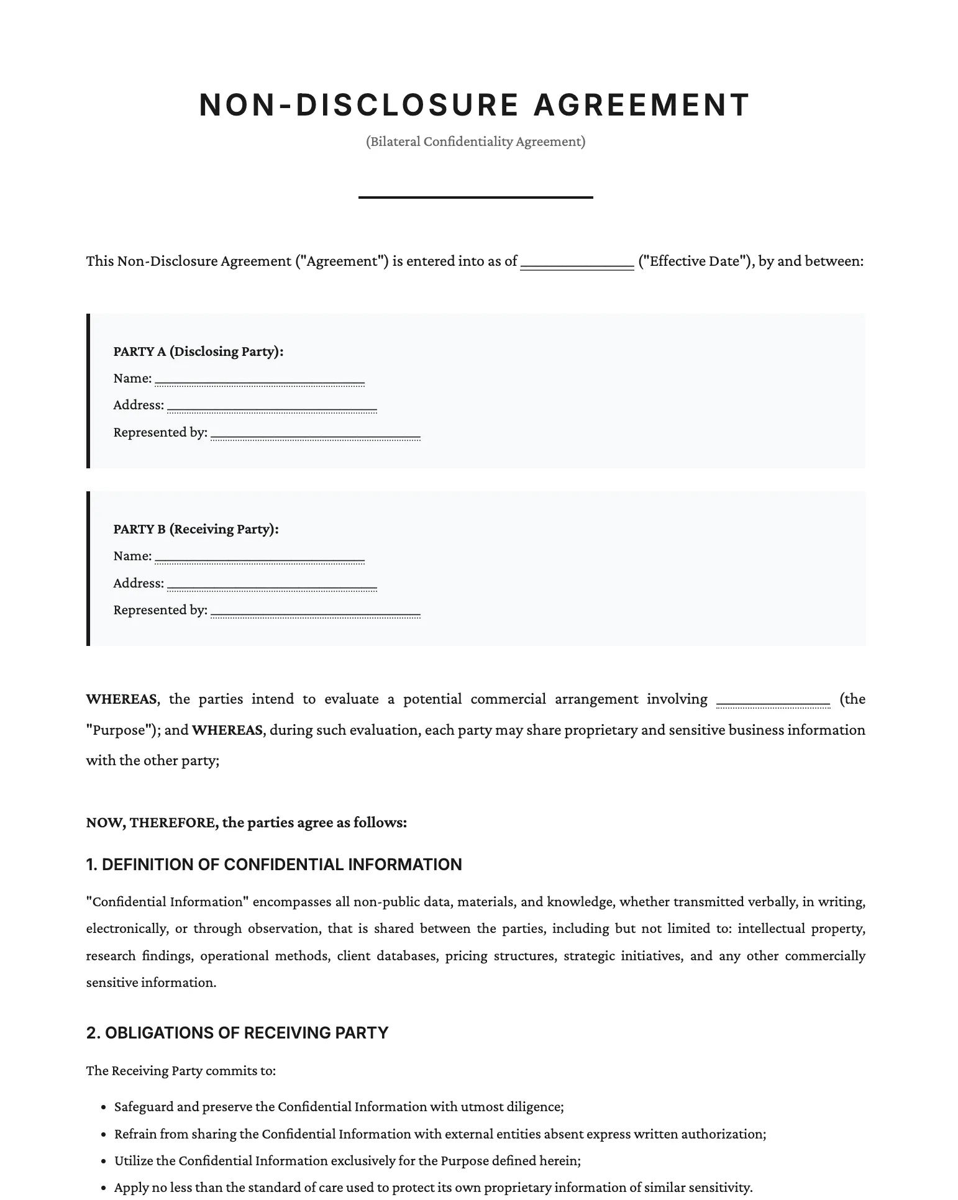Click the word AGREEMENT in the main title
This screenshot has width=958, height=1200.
(x=642, y=105)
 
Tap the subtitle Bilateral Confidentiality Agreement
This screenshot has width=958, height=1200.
(x=475, y=142)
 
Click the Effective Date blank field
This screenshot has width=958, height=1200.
(x=577, y=263)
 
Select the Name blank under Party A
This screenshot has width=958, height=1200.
(x=259, y=380)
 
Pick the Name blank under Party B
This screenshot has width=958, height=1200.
(x=259, y=557)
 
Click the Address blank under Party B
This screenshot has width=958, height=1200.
(x=271, y=584)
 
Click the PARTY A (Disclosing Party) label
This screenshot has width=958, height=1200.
(x=198, y=352)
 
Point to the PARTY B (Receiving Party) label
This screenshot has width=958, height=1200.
(x=196, y=529)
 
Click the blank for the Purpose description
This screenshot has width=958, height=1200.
(x=773, y=701)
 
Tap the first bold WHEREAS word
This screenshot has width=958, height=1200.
(x=121, y=699)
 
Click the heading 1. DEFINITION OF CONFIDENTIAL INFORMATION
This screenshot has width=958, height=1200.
(x=274, y=865)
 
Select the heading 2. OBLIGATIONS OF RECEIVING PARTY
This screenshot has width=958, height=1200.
(x=237, y=1033)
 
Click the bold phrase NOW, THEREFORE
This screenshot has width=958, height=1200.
(x=152, y=823)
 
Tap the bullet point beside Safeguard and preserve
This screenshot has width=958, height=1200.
(x=104, y=1107)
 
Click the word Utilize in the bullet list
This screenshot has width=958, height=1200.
(x=134, y=1161)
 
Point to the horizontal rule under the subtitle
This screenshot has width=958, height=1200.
(x=475, y=198)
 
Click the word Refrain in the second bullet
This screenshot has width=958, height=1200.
(x=135, y=1134)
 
